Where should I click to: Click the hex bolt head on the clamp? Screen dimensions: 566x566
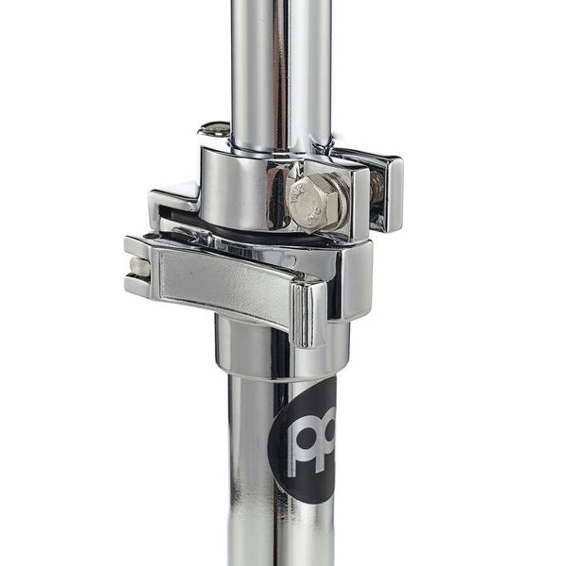click(317, 201)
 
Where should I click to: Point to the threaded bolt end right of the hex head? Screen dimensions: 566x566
click(376, 189)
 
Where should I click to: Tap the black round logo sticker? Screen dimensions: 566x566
click(304, 441)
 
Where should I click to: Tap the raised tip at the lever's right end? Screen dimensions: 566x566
click(308, 311)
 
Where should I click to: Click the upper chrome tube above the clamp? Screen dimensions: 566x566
click(280, 66)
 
